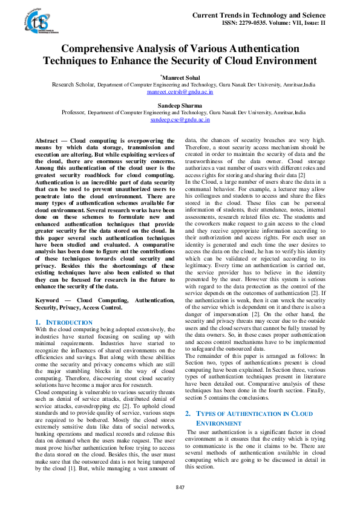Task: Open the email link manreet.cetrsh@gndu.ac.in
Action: [x=180, y=92]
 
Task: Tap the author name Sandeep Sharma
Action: [x=180, y=105]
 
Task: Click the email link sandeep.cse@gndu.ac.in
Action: [x=180, y=120]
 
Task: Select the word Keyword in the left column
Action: [x=47, y=300]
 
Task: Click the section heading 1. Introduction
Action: [x=59, y=323]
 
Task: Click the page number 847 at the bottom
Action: [x=180, y=487]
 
